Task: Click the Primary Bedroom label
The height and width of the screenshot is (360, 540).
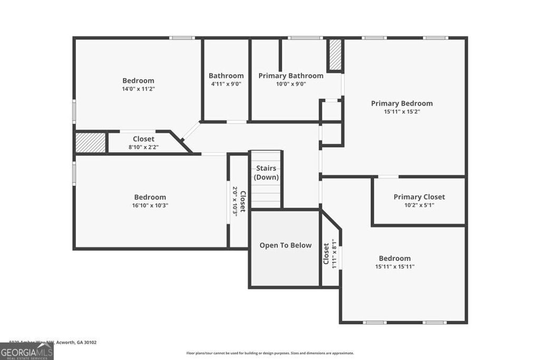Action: tap(401, 103)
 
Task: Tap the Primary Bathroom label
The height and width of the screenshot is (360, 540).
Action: tap(291, 76)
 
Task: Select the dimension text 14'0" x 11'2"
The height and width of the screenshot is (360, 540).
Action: tap(138, 89)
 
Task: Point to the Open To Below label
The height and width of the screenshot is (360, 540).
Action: tap(285, 245)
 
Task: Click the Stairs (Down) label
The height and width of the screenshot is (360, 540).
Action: tap(266, 173)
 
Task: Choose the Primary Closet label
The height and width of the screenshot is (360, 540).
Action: tap(419, 197)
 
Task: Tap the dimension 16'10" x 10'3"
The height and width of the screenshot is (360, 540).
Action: tap(150, 206)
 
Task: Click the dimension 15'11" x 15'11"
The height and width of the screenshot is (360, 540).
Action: tap(394, 267)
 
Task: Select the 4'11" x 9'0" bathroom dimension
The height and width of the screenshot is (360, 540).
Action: tap(226, 84)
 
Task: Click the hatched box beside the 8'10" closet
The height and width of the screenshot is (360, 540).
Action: tap(90, 143)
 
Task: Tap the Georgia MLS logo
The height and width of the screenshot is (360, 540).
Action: tap(26, 351)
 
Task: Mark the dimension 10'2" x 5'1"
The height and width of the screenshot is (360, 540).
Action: tap(419, 205)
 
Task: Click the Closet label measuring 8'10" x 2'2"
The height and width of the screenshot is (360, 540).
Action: tap(143, 139)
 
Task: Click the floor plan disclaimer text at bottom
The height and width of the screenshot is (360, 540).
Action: tap(269, 353)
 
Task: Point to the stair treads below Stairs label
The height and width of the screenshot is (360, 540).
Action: tap(266, 196)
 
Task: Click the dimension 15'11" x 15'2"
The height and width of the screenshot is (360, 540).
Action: tap(401, 112)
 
